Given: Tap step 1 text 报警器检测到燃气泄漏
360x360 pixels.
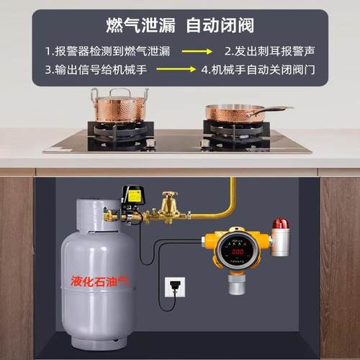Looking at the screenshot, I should [107, 52].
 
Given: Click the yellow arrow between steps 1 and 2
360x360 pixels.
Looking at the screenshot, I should [196, 52].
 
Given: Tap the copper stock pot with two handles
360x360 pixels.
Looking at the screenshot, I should [119, 108].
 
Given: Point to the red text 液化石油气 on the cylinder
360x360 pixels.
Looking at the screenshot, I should [97, 279].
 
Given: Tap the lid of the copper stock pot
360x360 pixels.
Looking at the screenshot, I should [119, 91].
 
